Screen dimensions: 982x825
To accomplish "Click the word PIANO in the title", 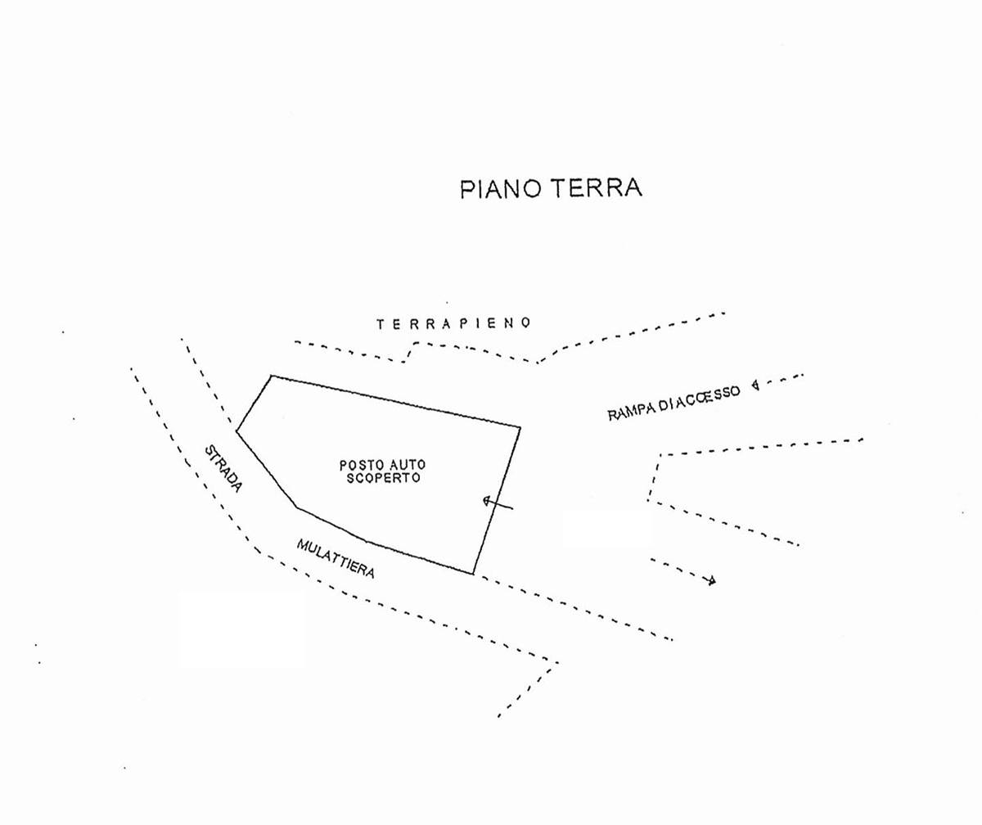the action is coord(500,188).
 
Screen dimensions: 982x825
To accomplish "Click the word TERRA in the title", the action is coord(597,187).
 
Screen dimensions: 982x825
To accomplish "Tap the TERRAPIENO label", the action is coord(454,323).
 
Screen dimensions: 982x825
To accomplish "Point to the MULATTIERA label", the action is coord(336,558).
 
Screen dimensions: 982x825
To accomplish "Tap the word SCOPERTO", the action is coord(383,478).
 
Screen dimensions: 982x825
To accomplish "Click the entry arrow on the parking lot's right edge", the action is coord(497,503).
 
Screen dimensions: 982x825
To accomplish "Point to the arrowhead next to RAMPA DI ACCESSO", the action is coord(755,385).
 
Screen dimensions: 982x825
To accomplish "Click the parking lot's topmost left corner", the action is coord(272,376).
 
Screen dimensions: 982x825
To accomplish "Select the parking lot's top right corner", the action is coord(520,427).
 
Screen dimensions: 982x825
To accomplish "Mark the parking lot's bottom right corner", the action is coord(473,574).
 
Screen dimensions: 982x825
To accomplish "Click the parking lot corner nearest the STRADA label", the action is coord(236,431).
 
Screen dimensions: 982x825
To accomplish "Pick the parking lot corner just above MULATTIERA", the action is coord(296,507).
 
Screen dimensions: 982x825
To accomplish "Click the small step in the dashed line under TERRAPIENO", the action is coord(409,352).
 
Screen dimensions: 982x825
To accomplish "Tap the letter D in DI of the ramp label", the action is coord(662,404).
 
